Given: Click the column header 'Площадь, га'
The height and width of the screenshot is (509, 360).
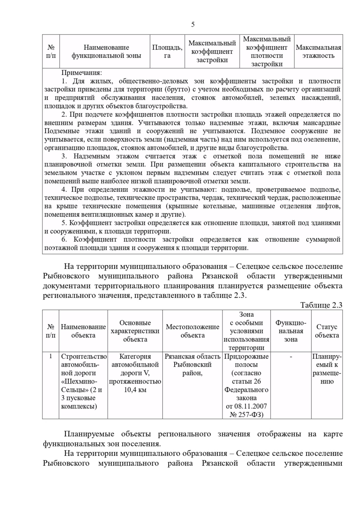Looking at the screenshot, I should [x=167, y=52].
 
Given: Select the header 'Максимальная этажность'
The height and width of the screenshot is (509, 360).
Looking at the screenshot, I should [x=318, y=52].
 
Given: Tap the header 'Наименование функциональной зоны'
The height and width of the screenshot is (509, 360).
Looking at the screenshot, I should [x=106, y=52].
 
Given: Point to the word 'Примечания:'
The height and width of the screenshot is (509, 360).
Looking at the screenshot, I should [x=82, y=73].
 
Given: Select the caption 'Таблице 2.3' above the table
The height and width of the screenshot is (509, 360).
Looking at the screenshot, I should [x=321, y=305].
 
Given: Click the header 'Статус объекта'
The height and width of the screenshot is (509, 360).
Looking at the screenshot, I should [x=327, y=331].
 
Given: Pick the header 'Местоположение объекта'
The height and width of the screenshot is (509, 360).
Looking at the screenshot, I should [x=192, y=331].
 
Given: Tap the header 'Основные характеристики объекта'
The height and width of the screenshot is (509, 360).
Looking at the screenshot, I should [x=135, y=331].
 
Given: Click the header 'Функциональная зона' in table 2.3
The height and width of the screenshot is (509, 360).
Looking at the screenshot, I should [x=291, y=331].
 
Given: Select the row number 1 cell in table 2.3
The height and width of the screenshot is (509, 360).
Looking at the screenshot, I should [x=51, y=356].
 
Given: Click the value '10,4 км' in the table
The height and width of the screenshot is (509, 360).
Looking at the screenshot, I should [x=135, y=390].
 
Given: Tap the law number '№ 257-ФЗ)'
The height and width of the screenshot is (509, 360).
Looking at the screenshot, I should [x=246, y=415].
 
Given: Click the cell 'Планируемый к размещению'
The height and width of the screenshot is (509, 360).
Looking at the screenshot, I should [x=327, y=369].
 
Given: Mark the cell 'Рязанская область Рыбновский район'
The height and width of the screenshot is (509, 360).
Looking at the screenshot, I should [x=192, y=365].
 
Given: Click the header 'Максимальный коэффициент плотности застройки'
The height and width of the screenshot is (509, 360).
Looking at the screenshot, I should [x=267, y=52].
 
